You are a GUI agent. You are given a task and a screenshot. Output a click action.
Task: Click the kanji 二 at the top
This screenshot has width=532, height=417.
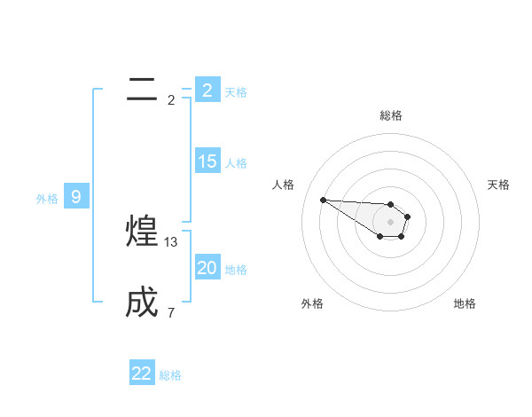(x=142, y=90)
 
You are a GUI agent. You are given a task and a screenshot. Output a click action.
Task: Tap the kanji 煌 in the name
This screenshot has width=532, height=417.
(x=143, y=232)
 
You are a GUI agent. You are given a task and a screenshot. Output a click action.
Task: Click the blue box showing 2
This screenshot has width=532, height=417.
(x=207, y=90)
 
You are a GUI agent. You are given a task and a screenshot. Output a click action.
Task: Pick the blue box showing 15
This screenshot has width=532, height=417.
(x=207, y=161)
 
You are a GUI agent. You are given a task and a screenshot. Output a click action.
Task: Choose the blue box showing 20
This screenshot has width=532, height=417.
(x=207, y=268)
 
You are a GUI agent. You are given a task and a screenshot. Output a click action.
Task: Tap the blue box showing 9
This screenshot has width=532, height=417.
(x=76, y=197)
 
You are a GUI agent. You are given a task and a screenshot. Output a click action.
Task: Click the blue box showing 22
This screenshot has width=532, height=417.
(x=142, y=374)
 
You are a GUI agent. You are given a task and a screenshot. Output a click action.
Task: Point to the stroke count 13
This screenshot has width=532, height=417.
(x=171, y=242)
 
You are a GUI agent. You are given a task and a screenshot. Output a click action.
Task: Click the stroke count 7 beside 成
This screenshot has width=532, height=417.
(x=171, y=312)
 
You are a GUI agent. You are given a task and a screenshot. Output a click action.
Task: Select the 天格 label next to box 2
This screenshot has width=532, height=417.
(x=236, y=91)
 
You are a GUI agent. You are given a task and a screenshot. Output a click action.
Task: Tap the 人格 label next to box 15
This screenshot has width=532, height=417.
(x=236, y=163)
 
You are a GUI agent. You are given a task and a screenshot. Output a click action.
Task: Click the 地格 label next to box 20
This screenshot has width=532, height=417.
(x=236, y=270)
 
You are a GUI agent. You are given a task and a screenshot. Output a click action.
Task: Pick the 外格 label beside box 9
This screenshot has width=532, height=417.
(x=47, y=199)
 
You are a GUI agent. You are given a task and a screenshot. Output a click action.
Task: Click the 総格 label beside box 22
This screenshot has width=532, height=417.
(x=170, y=375)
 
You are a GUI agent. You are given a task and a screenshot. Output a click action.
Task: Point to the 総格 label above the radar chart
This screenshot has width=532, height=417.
(x=390, y=115)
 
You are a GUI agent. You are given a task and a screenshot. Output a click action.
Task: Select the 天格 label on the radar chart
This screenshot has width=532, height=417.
(x=498, y=185)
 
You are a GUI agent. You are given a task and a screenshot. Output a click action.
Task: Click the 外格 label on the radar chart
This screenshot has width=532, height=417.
(x=312, y=303)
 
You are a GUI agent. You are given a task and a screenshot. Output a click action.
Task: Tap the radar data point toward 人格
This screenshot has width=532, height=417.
(x=323, y=200)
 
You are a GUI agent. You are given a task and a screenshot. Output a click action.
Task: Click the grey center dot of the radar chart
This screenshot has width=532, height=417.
(x=390, y=222)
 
